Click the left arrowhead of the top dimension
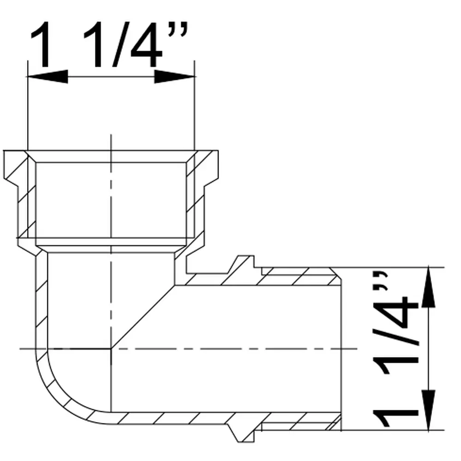tap(47, 77)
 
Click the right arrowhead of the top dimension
tap(175, 77)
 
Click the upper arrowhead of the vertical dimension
tap(428, 287)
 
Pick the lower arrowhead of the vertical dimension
tap(428, 410)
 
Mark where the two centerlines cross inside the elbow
tap(111, 349)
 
